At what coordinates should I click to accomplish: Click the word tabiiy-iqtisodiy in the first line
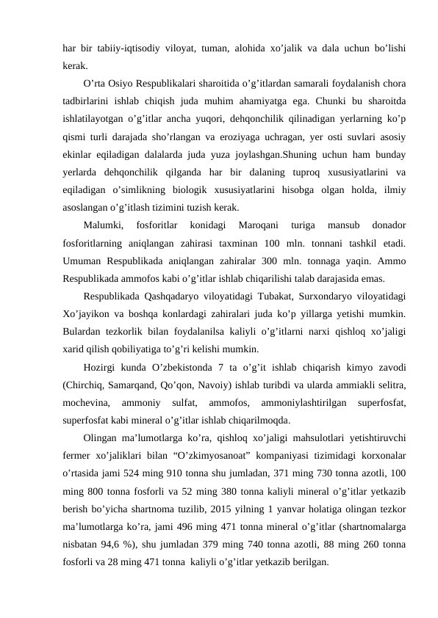(124, 48)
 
